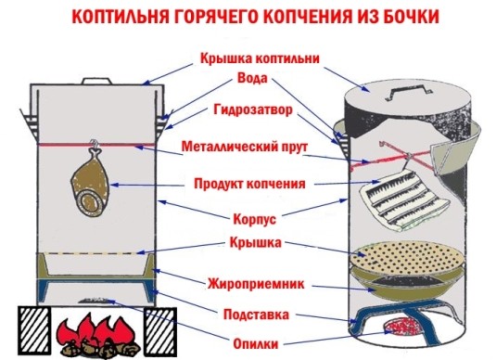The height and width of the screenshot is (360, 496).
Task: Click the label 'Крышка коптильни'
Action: (260, 58)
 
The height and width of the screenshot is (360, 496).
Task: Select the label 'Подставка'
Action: (260, 314)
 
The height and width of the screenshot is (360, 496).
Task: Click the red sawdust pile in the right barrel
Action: (404, 325)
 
